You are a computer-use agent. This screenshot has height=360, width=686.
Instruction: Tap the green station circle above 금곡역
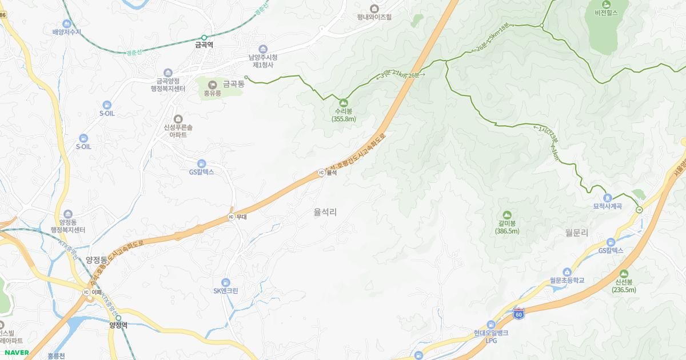[x=204, y=38]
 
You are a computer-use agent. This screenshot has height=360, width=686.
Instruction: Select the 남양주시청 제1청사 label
[x=263, y=61]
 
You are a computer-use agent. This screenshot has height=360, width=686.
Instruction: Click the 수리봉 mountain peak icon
[x=344, y=102]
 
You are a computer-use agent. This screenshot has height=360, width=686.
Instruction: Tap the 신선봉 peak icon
[x=623, y=274]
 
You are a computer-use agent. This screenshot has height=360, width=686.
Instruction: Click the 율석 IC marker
[x=321, y=173]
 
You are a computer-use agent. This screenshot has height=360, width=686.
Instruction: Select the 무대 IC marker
[x=231, y=217]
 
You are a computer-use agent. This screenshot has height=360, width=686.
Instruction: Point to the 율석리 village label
[x=325, y=212]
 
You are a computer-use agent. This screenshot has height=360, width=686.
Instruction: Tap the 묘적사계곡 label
[x=607, y=206]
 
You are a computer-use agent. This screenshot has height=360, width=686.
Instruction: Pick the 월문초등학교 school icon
[x=567, y=272]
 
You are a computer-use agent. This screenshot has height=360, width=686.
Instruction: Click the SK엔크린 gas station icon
[x=226, y=282]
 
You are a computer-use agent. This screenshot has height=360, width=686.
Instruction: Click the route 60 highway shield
[x=519, y=313]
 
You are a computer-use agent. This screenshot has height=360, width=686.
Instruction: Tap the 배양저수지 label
[x=67, y=32]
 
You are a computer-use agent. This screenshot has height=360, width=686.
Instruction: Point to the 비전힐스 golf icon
[x=607, y=4]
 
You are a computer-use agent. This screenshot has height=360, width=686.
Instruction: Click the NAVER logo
[x=17, y=353]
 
